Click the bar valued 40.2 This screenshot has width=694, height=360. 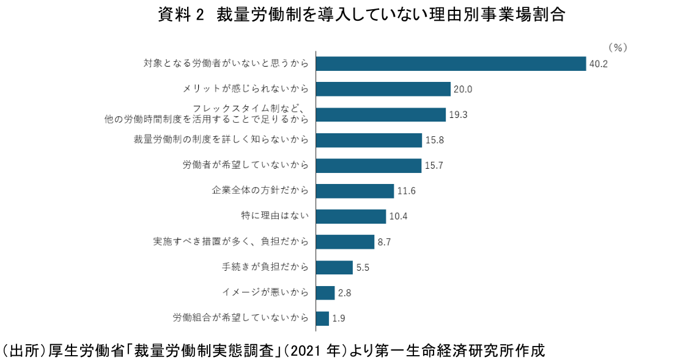point(450,64)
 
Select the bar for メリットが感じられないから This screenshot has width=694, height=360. point(383,89)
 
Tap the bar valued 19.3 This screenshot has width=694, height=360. point(380,115)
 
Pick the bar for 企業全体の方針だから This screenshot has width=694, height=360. point(354,191)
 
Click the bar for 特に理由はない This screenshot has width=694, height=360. point(350,216)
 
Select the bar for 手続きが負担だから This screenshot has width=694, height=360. point(334,268)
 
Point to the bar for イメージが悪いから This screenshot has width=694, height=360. point(325,293)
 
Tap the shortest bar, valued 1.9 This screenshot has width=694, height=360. point(322,318)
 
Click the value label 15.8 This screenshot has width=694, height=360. point(434,141)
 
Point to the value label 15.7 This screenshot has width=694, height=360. point(434,166)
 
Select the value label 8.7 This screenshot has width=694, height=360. point(384,243)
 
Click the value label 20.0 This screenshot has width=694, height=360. point(463,89)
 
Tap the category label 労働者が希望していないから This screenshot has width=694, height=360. point(245,165)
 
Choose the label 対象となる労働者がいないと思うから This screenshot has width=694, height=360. point(225,63)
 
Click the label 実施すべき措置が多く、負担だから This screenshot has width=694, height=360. point(230,241)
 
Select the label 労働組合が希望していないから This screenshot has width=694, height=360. point(240,318)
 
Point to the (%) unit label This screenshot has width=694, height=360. point(618,47)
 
